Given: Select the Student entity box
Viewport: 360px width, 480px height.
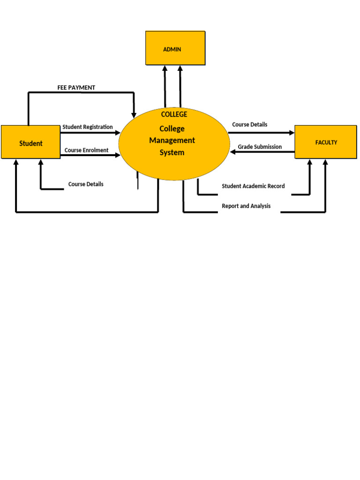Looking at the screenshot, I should point(30,142).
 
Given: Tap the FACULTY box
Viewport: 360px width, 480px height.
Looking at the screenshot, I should point(326,142).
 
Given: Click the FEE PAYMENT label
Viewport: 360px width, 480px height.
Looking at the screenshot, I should point(76,88).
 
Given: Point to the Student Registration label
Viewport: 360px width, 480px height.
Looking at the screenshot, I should point(88,127).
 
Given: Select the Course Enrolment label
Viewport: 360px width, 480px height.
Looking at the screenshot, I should point(87,150).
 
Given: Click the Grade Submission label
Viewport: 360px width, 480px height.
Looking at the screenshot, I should point(260,147).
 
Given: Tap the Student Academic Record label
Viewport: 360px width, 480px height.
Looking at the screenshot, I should point(253,186).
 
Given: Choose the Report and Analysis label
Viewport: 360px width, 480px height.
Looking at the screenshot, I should point(246,206).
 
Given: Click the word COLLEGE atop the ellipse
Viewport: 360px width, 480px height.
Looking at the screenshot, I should point(174,114).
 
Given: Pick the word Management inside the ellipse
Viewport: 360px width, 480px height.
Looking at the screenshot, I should point(172,140).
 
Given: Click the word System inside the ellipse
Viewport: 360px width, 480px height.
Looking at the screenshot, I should point(172,152).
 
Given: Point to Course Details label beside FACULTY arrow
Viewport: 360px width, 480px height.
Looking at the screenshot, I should point(250,125).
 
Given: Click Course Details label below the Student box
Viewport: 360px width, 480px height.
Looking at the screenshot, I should point(86,184).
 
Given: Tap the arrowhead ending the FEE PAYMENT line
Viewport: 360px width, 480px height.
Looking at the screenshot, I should point(134,115).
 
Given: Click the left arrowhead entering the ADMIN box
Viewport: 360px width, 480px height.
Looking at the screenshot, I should point(165,68).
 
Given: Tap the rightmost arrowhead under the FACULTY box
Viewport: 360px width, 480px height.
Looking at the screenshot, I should point(325,163).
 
